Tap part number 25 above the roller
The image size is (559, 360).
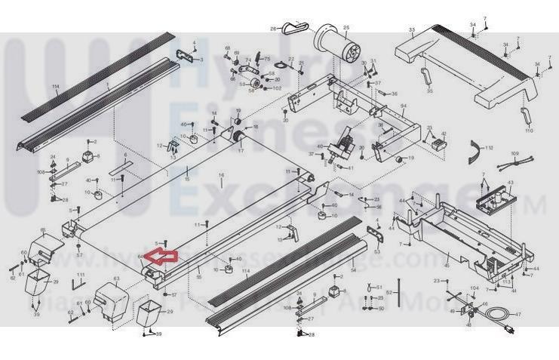(x=346, y=29)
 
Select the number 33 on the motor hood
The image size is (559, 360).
(x=412, y=30)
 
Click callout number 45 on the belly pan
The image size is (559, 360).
(x=447, y=265)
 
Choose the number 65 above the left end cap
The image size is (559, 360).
(x=43, y=229)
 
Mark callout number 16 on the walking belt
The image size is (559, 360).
(x=222, y=175)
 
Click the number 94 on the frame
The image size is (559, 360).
(x=403, y=106)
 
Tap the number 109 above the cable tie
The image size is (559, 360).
(x=514, y=153)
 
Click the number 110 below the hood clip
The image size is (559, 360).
(x=528, y=131)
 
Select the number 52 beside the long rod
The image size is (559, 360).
(x=389, y=291)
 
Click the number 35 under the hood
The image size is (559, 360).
(x=429, y=91)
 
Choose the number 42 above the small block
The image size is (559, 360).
(x=444, y=134)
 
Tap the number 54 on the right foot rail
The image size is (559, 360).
(x=353, y=269)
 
